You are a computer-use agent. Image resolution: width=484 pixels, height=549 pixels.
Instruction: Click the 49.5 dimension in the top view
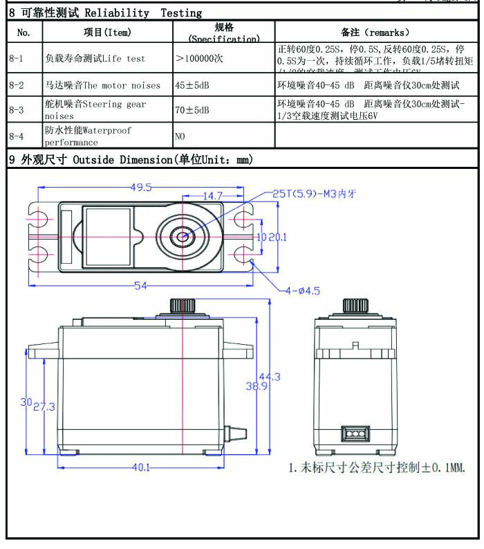141,186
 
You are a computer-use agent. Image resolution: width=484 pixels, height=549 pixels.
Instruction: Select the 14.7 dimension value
212,196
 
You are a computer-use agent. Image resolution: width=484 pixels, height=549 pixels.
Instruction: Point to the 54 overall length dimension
141,285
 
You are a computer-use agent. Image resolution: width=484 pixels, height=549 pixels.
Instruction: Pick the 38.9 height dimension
257,386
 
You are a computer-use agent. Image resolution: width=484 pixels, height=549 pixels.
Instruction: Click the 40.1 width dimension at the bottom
141,467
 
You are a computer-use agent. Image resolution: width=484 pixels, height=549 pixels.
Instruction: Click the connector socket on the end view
354,435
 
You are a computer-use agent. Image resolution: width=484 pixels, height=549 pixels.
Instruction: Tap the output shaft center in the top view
183,236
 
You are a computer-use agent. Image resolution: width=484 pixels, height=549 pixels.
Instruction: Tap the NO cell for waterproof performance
180,136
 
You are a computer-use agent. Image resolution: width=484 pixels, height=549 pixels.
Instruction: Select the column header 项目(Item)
107,33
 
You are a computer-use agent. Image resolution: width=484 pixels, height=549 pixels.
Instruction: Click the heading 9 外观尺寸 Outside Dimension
130,160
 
